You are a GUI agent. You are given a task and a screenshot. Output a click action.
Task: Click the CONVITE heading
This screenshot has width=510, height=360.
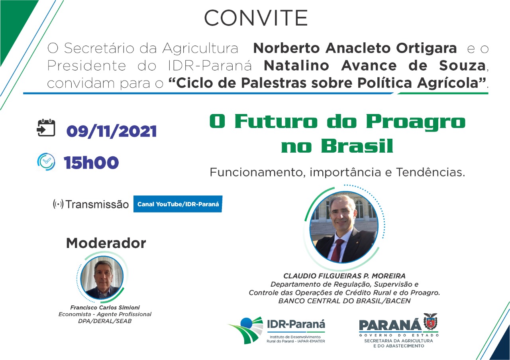pos(256,18)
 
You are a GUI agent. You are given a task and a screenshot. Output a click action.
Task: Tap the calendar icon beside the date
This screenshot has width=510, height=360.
pos(46,128)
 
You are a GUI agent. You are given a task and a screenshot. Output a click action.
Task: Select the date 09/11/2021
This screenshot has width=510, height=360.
pos(112,132)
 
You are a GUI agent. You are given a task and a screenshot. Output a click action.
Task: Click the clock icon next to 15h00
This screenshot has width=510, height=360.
pos(46,161)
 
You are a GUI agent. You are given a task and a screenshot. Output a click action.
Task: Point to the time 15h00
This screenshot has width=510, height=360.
pos(91,163)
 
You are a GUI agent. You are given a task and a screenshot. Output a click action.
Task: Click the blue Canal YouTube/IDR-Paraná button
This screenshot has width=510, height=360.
pos(178,204)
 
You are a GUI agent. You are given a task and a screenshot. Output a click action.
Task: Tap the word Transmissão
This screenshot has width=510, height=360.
pos(97,205)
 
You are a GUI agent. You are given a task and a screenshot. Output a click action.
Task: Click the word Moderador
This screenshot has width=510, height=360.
pos(106,243)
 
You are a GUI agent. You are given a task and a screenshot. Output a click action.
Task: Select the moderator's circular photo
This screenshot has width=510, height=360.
pos(102,277)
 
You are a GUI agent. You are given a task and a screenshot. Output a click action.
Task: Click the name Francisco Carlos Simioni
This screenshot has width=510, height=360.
pos(105,308)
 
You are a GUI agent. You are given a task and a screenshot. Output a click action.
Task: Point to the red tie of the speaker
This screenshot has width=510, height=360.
pos(337,250)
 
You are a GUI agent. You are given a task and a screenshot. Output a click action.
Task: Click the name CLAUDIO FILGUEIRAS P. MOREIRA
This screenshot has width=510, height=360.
pos(344,276)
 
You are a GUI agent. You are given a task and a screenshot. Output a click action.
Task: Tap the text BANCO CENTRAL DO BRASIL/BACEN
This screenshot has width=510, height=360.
pos(344,301)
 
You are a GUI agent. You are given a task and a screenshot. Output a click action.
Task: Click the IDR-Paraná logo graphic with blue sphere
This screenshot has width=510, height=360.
pos(246,329)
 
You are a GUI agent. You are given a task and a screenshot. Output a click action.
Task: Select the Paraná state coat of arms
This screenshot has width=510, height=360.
pos(431,321)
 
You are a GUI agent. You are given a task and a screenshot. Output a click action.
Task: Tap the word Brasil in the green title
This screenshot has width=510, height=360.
pos(357,146)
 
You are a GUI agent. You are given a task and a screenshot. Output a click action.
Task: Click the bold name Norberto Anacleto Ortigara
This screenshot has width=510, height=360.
pos(355,48)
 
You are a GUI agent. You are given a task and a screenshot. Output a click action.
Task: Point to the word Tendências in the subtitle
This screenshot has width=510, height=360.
pos(431,172)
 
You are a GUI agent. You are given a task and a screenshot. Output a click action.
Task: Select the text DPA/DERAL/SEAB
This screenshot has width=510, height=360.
pos(105,321)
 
